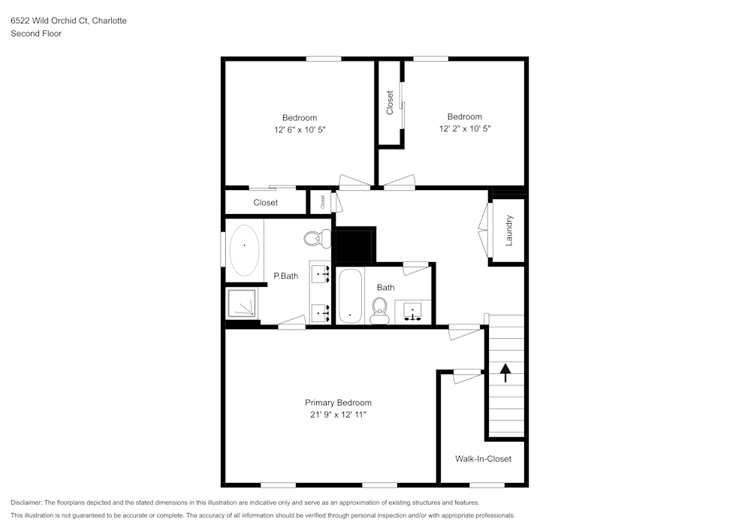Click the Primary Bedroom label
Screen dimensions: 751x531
(338, 403)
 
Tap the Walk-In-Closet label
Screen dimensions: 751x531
(483, 459)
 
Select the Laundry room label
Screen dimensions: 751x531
(509, 231)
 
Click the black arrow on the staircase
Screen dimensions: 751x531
(505, 373)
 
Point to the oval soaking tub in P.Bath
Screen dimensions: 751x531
(244, 250)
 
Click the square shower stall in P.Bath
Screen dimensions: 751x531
(241, 303)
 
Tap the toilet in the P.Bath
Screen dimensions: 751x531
(317, 238)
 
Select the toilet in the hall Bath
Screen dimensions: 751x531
(380, 310)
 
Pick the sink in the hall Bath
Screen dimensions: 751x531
(412, 312)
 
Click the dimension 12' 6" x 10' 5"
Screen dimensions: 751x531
(300, 130)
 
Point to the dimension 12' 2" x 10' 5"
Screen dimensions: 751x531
(465, 128)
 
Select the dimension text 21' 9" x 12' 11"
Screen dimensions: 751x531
(338, 415)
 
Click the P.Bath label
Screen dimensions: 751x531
(286, 276)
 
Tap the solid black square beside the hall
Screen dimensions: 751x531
(354, 245)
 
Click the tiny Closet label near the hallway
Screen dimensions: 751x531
(322, 202)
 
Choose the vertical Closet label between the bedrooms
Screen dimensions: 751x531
(389, 102)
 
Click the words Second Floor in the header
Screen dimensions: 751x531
(36, 34)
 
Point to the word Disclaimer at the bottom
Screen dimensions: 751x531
(26, 502)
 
